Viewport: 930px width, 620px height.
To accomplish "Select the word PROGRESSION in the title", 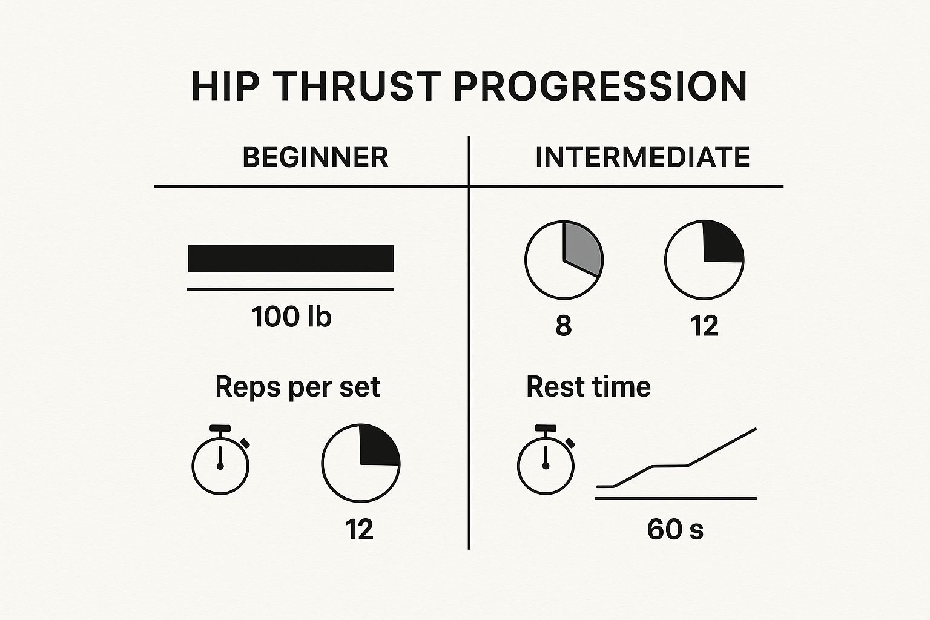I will point(600,87).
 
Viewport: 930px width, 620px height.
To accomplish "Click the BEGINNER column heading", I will point(315,157).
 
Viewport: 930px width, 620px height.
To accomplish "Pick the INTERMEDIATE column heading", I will point(642,157).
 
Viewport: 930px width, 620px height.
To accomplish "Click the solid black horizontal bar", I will point(291,259).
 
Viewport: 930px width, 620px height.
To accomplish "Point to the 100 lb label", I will point(291,317).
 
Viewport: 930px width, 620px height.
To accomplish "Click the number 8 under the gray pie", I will point(563,326).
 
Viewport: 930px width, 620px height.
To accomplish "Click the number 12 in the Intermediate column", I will point(704,326).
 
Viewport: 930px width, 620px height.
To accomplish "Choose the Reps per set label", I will point(297,387).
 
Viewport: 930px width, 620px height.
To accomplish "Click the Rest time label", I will point(588,387).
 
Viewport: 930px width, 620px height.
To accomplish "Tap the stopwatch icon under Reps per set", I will point(220,463).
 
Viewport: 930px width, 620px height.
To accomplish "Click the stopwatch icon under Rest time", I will point(546,463).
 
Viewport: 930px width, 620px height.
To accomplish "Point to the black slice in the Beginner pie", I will point(378,446).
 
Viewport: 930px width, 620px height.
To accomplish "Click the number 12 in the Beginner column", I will point(359,530).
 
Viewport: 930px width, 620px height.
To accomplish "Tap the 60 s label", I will point(675,530).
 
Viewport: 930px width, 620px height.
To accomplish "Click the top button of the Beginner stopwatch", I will point(220,428).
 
